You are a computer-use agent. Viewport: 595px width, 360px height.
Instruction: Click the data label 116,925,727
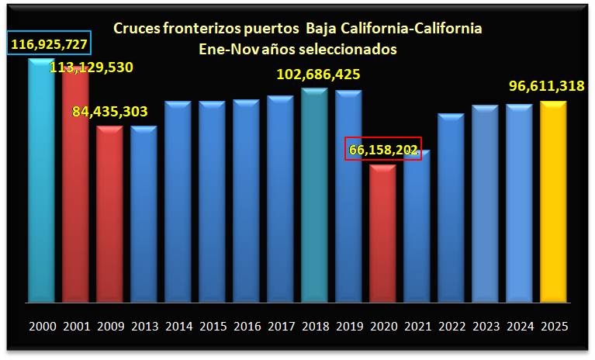50,43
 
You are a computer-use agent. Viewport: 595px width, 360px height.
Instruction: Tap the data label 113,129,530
92,67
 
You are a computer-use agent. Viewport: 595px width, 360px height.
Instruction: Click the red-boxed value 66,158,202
382,150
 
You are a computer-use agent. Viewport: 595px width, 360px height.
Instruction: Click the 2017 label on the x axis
280,327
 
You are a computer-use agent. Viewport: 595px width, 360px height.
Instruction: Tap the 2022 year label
451,327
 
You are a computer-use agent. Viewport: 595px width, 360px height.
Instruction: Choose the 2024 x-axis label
519,327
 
